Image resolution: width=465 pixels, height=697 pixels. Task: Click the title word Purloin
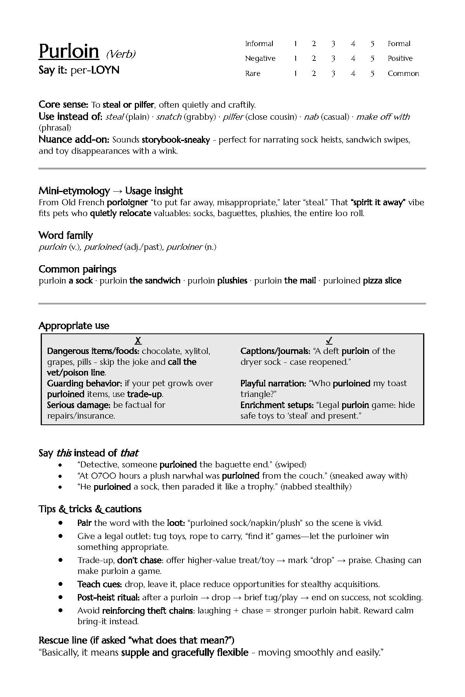[x=69, y=52]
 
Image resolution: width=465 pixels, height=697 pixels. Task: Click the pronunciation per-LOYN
[x=95, y=70]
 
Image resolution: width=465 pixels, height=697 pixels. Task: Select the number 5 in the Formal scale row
[x=372, y=44]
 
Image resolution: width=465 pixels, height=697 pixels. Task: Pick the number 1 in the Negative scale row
[x=295, y=58]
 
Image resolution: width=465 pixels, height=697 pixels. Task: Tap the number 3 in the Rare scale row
[x=333, y=74]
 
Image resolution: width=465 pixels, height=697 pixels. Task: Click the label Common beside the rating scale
[x=403, y=74]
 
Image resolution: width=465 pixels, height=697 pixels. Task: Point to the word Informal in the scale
[x=259, y=44]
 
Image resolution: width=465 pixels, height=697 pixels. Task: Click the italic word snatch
[x=169, y=117]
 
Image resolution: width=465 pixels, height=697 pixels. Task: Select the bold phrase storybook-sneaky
[x=176, y=140]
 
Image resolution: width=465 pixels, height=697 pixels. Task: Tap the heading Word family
[x=66, y=235]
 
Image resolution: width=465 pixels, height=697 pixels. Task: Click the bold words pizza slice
[x=382, y=281]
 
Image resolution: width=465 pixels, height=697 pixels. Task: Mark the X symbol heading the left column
[x=138, y=341]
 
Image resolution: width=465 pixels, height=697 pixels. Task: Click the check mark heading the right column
[x=329, y=341]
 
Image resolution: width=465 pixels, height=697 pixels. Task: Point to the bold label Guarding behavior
[x=85, y=383]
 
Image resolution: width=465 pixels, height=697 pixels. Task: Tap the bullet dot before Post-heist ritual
[x=60, y=597]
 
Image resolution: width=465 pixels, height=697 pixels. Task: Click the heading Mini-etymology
[x=74, y=191]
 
